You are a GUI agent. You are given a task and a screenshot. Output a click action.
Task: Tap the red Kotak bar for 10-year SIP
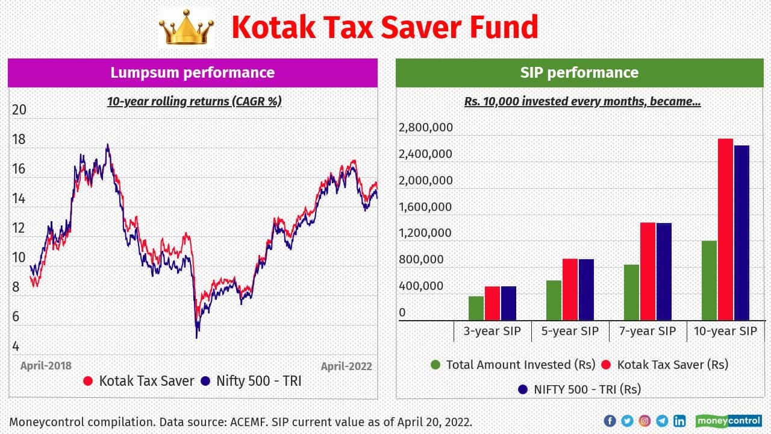click(x=725, y=229)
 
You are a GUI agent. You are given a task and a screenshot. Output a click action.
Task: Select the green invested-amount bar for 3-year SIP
click(x=476, y=308)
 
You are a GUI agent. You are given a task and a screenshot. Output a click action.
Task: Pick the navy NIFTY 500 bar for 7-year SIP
click(x=664, y=271)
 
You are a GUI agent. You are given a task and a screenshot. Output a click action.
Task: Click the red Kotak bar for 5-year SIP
click(x=570, y=289)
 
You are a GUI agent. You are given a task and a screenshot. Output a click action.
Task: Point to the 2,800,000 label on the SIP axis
click(x=426, y=128)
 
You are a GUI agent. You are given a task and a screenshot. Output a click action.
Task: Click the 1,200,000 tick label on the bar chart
click(x=426, y=233)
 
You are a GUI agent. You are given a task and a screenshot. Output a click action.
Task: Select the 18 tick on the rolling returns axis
click(x=19, y=139)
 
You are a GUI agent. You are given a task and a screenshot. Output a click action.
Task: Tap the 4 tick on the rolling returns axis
click(x=16, y=346)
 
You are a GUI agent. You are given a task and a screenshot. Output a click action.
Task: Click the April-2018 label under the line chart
click(x=46, y=366)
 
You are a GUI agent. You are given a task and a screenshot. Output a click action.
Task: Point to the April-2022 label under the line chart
click(x=346, y=366)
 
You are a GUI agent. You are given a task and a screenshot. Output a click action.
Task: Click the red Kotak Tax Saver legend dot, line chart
click(x=88, y=381)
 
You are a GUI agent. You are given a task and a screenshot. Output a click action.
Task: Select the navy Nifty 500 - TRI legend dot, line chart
click(x=206, y=381)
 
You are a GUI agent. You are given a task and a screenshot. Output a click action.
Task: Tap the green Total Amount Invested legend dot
click(x=435, y=365)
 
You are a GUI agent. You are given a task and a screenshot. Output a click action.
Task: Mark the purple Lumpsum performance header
click(x=192, y=73)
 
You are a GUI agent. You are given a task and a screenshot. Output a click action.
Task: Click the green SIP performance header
click(x=579, y=73)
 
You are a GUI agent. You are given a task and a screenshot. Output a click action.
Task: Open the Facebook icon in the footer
click(x=610, y=421)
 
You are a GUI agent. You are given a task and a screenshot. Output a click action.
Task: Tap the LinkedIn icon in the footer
click(x=679, y=421)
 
